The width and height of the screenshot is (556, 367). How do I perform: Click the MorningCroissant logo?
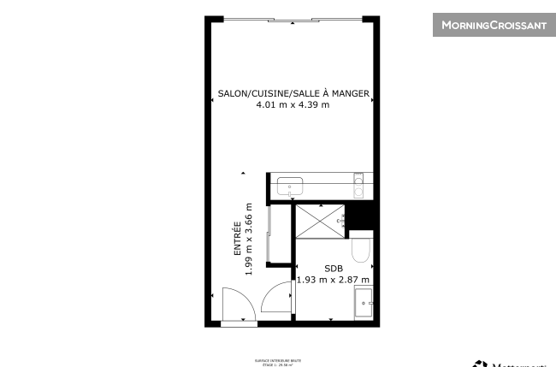[x=493, y=25]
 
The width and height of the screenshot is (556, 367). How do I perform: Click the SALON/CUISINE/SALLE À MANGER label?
[x=293, y=93]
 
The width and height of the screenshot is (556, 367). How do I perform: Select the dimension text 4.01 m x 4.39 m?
[x=293, y=105]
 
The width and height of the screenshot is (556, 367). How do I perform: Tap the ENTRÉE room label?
[x=237, y=240]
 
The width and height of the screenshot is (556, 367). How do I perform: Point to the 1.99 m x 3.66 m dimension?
[x=249, y=239]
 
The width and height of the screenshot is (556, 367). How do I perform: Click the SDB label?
[x=333, y=268]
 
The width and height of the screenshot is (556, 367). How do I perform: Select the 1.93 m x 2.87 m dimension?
[x=333, y=279]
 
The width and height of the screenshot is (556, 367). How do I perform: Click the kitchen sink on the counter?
[x=289, y=185]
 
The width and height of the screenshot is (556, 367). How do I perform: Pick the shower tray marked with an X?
[x=318, y=222]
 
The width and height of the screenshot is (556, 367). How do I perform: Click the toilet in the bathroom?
[x=363, y=249]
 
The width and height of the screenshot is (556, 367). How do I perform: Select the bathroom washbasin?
[x=364, y=302]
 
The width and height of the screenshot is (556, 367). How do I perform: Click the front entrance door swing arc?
[x=234, y=303]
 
